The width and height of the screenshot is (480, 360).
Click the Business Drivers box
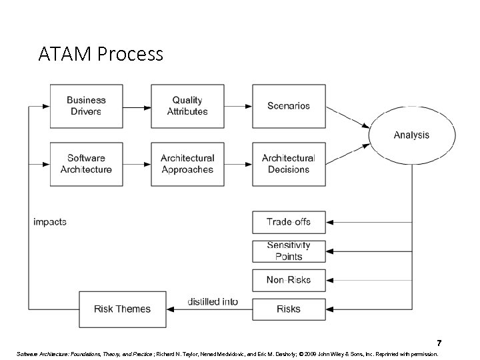pyautogui.click(x=86, y=106)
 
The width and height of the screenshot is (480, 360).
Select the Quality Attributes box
pyautogui.click(x=187, y=106)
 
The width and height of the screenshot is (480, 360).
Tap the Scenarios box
pyautogui.click(x=288, y=106)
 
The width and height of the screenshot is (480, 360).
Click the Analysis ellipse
pyautogui.click(x=411, y=135)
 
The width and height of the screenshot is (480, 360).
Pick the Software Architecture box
pyautogui.click(x=86, y=164)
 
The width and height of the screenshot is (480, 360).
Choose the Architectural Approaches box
pyautogui.click(x=187, y=164)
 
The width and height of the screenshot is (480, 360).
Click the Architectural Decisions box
pyautogui.click(x=288, y=164)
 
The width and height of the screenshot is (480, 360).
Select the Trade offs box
pyautogui.click(x=288, y=222)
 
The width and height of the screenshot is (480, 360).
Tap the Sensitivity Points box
pyautogui.click(x=288, y=251)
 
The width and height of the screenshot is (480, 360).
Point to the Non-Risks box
pyautogui.click(x=288, y=280)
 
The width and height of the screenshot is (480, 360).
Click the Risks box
pyautogui.click(x=288, y=309)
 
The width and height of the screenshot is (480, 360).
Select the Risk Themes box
pyautogui.click(x=122, y=309)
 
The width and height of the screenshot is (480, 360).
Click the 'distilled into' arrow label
pyautogui.click(x=212, y=301)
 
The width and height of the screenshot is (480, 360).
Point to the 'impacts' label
pyautogui.click(x=50, y=222)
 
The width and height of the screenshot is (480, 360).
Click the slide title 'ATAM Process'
pyautogui.click(x=101, y=54)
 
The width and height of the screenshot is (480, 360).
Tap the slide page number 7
pyautogui.click(x=439, y=343)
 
